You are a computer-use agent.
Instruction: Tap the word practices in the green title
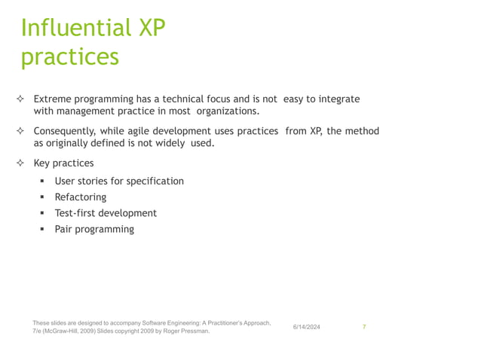[69, 57]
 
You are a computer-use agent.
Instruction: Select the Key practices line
[64, 163]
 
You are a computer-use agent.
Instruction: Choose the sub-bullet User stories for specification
[119, 181]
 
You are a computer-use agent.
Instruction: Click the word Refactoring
[81, 197]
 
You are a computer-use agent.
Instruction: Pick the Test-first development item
[106, 213]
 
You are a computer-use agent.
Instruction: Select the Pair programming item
[94, 229]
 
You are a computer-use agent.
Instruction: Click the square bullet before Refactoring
[43, 197]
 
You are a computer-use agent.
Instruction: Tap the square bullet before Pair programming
[43, 229]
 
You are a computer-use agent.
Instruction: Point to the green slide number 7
[364, 327]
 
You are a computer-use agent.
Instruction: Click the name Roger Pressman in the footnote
[187, 331]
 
